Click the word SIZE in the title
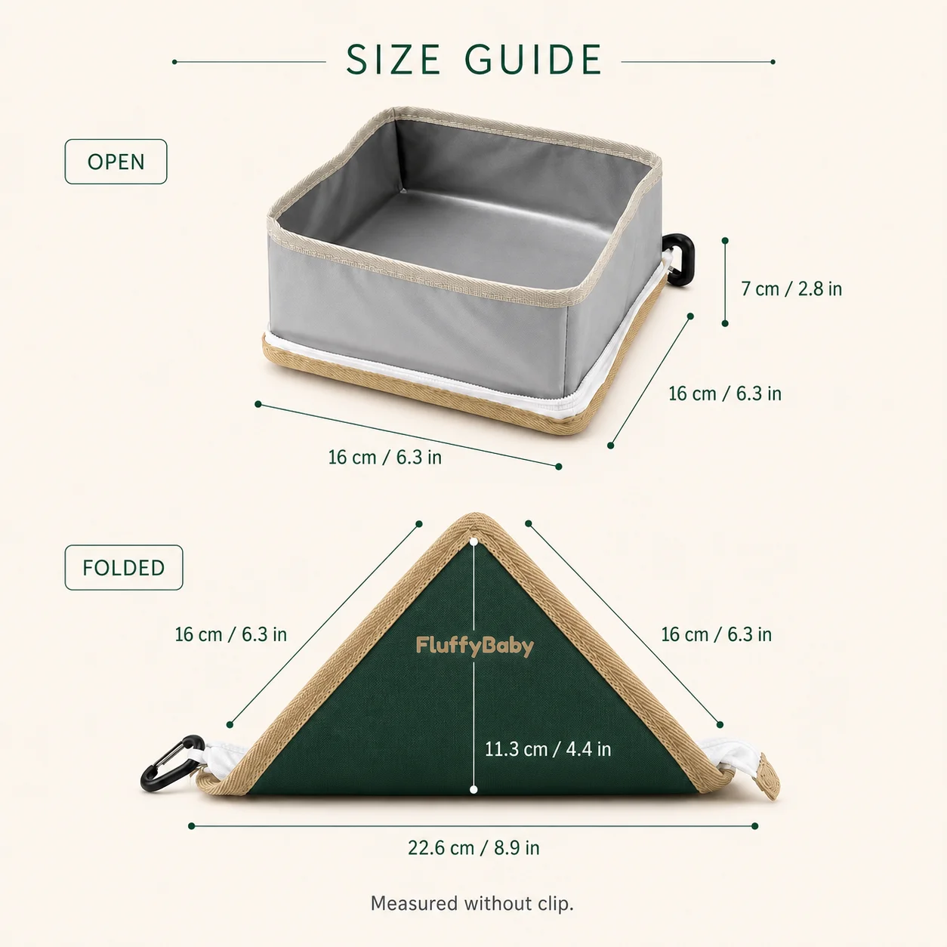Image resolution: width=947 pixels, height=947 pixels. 393,60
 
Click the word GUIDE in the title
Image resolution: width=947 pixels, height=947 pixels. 533,60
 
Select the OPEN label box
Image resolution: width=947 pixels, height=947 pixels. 116,162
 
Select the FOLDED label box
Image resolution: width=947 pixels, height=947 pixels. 124,568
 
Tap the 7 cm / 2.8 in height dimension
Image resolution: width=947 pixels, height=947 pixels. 791,289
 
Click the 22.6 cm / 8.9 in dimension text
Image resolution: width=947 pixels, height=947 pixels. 473,848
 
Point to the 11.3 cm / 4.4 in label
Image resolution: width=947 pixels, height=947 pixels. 548,749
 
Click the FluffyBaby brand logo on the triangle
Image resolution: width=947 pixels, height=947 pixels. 475,646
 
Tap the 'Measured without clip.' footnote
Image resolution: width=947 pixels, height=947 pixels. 472,903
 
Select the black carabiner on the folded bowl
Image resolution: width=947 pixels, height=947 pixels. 171,763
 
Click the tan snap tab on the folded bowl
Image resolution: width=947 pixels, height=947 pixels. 768,776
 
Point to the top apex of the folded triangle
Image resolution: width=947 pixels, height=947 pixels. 475,514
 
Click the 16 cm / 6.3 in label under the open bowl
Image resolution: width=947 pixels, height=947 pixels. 385,458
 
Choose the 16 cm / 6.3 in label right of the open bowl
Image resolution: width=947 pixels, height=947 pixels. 725,393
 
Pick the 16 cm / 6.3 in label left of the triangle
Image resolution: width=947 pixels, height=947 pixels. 231,634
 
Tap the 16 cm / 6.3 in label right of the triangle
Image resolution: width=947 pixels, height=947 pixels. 717,634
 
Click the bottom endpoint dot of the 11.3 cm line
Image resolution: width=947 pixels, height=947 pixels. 473,790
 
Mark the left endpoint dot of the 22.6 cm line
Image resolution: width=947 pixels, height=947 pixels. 192,826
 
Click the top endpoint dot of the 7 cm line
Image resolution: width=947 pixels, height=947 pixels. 725,240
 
